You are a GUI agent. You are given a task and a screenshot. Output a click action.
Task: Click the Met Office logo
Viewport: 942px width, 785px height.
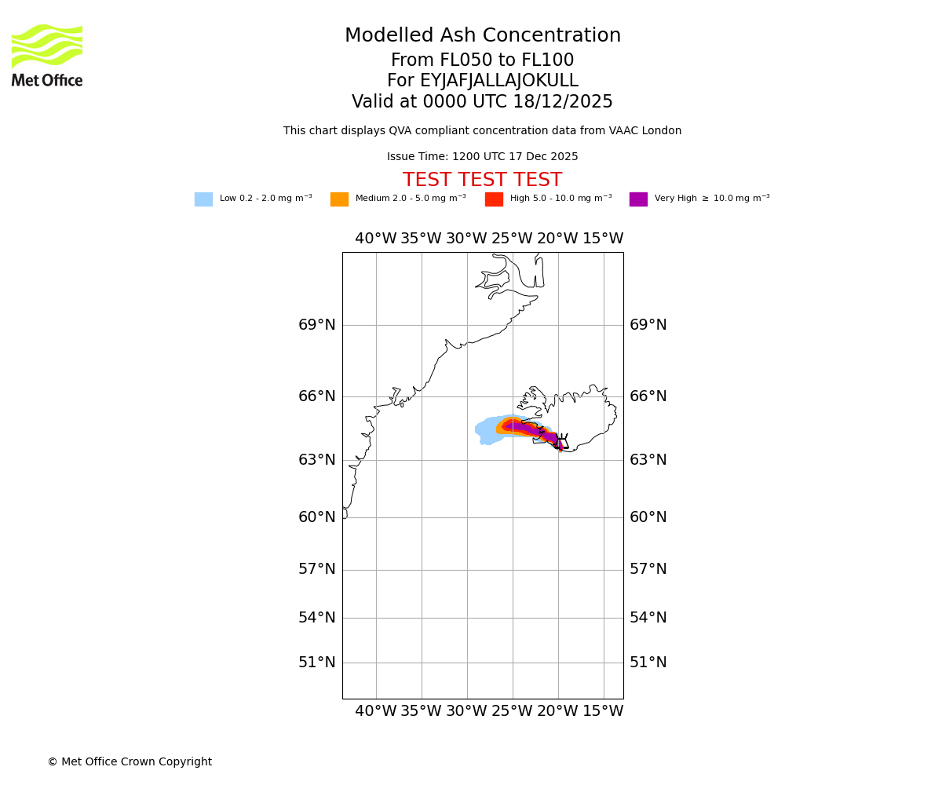click(x=47, y=55)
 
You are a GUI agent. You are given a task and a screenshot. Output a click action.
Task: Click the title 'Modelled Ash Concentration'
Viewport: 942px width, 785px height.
click(x=482, y=36)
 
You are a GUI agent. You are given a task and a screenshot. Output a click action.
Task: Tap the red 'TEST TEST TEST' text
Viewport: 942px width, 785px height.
click(x=482, y=181)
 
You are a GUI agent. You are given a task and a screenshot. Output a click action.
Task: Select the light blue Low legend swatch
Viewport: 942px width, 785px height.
click(x=203, y=199)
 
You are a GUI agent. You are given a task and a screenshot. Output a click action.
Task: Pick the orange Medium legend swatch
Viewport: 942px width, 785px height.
click(x=339, y=199)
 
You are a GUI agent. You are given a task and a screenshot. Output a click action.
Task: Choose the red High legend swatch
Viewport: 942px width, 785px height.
click(x=494, y=199)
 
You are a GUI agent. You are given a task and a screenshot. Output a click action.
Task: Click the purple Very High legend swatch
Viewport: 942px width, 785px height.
click(x=638, y=199)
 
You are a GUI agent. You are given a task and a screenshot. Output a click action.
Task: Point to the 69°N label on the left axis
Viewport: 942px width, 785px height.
click(x=316, y=325)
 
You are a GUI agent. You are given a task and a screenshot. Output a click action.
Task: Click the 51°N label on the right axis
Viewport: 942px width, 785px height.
click(x=648, y=663)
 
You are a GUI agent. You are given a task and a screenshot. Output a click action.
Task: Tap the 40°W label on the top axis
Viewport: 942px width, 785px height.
click(x=375, y=239)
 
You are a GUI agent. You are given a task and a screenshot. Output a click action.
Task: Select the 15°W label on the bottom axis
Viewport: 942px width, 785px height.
click(x=603, y=711)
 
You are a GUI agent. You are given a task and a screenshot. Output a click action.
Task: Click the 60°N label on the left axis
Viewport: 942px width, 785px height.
click(x=316, y=517)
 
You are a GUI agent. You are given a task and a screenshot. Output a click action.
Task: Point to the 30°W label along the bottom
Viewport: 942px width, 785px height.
click(x=466, y=711)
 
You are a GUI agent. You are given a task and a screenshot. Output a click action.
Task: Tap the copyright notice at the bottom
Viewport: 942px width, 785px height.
click(x=130, y=762)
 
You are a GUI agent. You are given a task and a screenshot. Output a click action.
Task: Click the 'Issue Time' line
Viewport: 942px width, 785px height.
click(x=482, y=157)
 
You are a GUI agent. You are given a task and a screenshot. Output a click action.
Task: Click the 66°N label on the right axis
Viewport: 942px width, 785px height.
click(x=648, y=396)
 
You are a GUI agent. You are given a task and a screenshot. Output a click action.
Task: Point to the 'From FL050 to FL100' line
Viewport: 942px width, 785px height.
click(x=482, y=60)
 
